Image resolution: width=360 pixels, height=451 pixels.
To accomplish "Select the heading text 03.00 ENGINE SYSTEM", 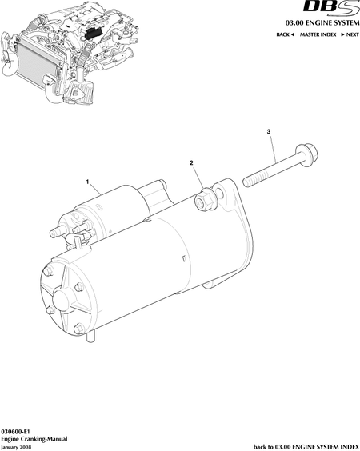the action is tap(322, 22).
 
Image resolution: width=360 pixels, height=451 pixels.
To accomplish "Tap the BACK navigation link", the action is tap(285, 34).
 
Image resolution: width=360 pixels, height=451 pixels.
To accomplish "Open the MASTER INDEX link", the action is tap(318, 34).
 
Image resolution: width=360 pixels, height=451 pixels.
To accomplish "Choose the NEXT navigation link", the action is tap(350, 34).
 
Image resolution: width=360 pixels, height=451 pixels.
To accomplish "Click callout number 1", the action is tap(87, 182).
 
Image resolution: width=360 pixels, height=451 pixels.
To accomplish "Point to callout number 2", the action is tap(191, 163).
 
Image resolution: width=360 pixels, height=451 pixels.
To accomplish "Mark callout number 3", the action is tap(269, 132).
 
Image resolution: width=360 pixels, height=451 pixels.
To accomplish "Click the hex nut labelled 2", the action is tap(204, 199).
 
